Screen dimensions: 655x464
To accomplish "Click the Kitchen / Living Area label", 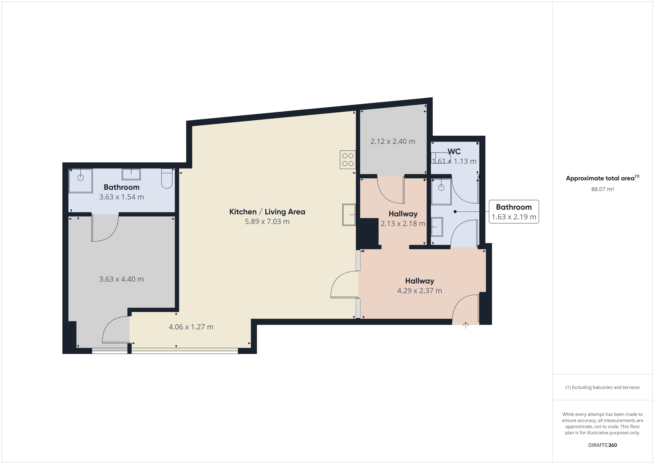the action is (x=267, y=212).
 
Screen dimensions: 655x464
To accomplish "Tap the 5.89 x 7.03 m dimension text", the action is (x=267, y=221).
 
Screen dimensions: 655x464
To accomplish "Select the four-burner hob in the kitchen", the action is (x=348, y=159).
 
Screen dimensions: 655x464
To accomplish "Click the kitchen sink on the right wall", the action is (x=349, y=215).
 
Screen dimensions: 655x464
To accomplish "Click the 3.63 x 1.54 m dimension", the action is (x=122, y=197).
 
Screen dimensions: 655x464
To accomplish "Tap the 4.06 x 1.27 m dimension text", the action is (x=191, y=327).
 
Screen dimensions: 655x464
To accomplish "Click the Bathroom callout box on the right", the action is (x=514, y=212).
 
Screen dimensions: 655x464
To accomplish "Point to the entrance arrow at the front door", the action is (x=466, y=325).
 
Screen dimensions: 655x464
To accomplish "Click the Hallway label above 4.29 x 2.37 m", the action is (x=420, y=281).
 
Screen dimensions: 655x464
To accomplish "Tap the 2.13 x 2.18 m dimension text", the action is (x=403, y=223).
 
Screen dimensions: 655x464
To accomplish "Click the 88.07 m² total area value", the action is (x=602, y=189).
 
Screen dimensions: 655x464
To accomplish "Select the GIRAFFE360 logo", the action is (x=602, y=445).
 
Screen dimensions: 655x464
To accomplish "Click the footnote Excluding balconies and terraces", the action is (x=602, y=387).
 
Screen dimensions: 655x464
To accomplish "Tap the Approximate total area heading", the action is (x=602, y=178).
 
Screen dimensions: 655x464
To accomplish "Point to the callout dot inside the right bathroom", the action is (x=455, y=212).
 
